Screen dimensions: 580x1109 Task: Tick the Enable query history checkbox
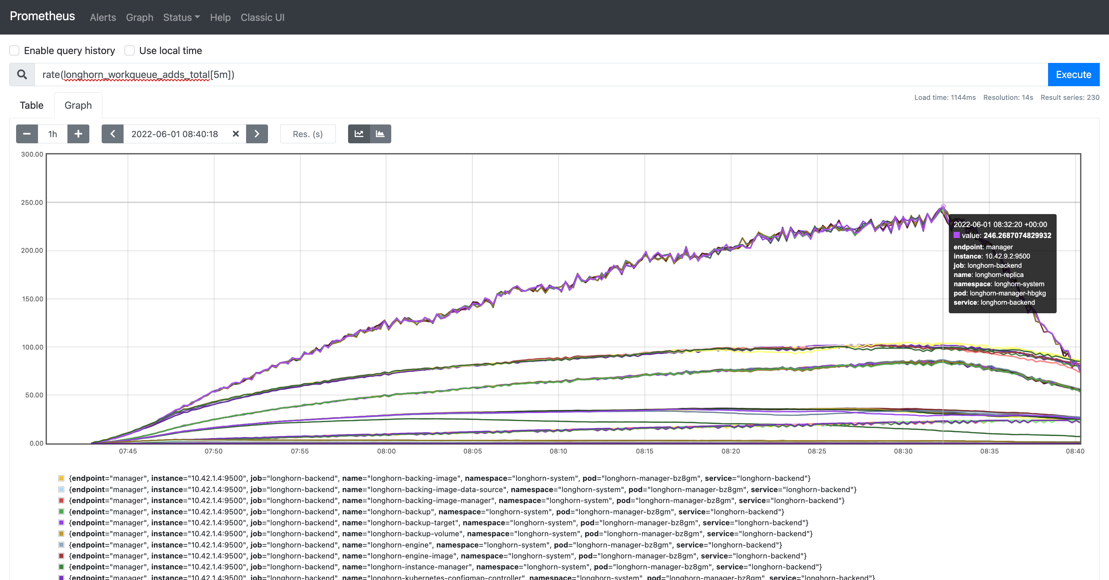point(15,50)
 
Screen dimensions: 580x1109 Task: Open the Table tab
point(31,105)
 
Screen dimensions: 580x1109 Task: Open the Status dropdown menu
point(181,17)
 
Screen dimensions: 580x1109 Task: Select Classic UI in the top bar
point(262,17)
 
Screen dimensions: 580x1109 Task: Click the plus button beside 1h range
point(78,134)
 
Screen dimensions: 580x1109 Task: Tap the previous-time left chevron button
point(112,134)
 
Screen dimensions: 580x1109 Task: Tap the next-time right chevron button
point(257,134)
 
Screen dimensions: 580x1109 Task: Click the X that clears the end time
point(235,134)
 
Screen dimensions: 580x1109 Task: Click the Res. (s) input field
point(307,134)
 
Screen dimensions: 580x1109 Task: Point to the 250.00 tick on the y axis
point(32,202)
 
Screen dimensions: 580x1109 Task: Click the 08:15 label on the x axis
point(644,451)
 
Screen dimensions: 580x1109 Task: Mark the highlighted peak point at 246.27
point(943,207)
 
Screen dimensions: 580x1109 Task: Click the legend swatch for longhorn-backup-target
point(61,522)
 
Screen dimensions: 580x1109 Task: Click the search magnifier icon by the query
point(22,75)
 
